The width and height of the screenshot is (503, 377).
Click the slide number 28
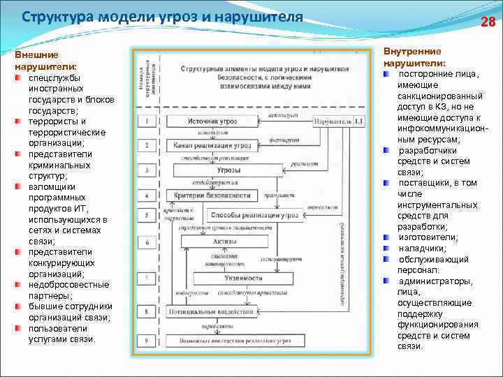[488, 22]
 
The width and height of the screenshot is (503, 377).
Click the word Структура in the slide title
[54, 17]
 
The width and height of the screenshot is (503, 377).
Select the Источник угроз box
[213, 121]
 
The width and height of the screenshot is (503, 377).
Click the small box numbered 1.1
[358, 121]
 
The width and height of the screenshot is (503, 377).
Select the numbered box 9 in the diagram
[147, 340]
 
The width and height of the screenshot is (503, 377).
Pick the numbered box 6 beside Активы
[147, 242]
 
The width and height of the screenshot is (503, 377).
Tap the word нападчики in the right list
[423, 249]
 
